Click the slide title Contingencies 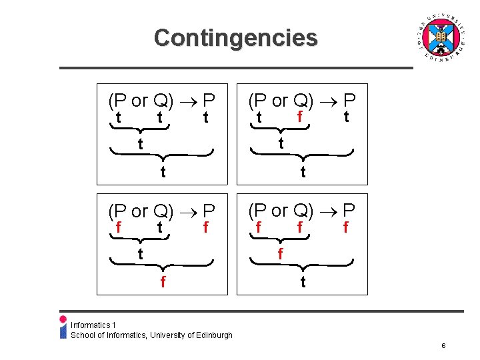pos(235,37)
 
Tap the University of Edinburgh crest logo pos(438,38)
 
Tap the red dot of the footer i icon pos(63,319)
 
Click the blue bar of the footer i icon pos(63,331)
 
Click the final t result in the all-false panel pos(303,282)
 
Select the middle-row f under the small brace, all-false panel pos(281,254)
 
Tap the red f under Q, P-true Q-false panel pos(300,118)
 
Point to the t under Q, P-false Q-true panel pos(160,228)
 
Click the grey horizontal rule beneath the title pos(236,68)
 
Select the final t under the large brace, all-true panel pos(163,172)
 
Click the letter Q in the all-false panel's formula pos(301,211)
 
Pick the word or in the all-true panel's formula pos(140,101)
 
